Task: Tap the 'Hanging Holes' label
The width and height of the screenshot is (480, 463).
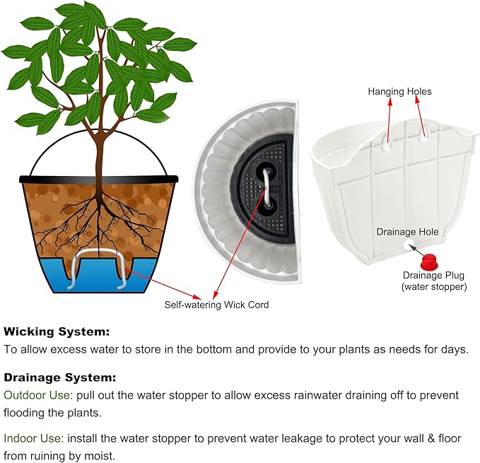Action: pos(399,92)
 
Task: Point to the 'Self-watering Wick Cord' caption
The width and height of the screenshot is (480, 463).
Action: pos(216,305)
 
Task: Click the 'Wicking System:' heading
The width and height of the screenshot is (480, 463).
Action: pos(57,331)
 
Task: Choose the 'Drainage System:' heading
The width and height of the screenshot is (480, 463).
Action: pos(60,377)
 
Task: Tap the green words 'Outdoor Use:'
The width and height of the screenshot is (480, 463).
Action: pos(35,394)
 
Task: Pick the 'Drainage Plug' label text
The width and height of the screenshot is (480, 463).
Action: pos(433,275)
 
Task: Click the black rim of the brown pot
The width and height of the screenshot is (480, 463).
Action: pos(99,179)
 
